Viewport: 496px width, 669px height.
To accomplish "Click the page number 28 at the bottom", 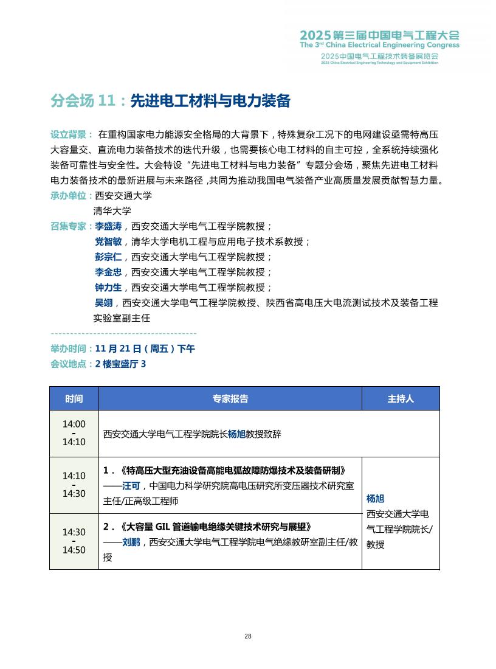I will (x=248, y=636).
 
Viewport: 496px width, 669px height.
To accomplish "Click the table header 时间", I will (x=74, y=399).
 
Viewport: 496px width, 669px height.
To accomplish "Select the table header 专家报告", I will (x=230, y=399).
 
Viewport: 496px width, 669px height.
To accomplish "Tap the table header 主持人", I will (x=401, y=399).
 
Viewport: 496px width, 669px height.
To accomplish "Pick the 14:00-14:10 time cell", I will (x=74, y=433).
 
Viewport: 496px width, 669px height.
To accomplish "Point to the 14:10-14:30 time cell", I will (x=74, y=485).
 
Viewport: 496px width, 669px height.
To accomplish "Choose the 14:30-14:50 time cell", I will (x=74, y=541).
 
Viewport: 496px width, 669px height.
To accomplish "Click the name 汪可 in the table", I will (x=131, y=486).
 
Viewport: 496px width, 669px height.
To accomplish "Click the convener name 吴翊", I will (x=103, y=302).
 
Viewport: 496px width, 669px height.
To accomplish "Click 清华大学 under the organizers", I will (x=112, y=211).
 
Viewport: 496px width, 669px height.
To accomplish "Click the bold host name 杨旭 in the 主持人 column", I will (x=376, y=499).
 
